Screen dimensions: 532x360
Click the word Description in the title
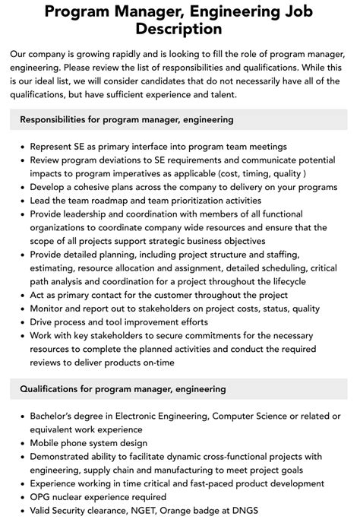point(180,29)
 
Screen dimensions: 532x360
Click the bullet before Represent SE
point(21,147)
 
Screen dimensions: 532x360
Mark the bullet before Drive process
point(21,322)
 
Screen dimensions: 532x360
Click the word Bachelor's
point(56,416)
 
